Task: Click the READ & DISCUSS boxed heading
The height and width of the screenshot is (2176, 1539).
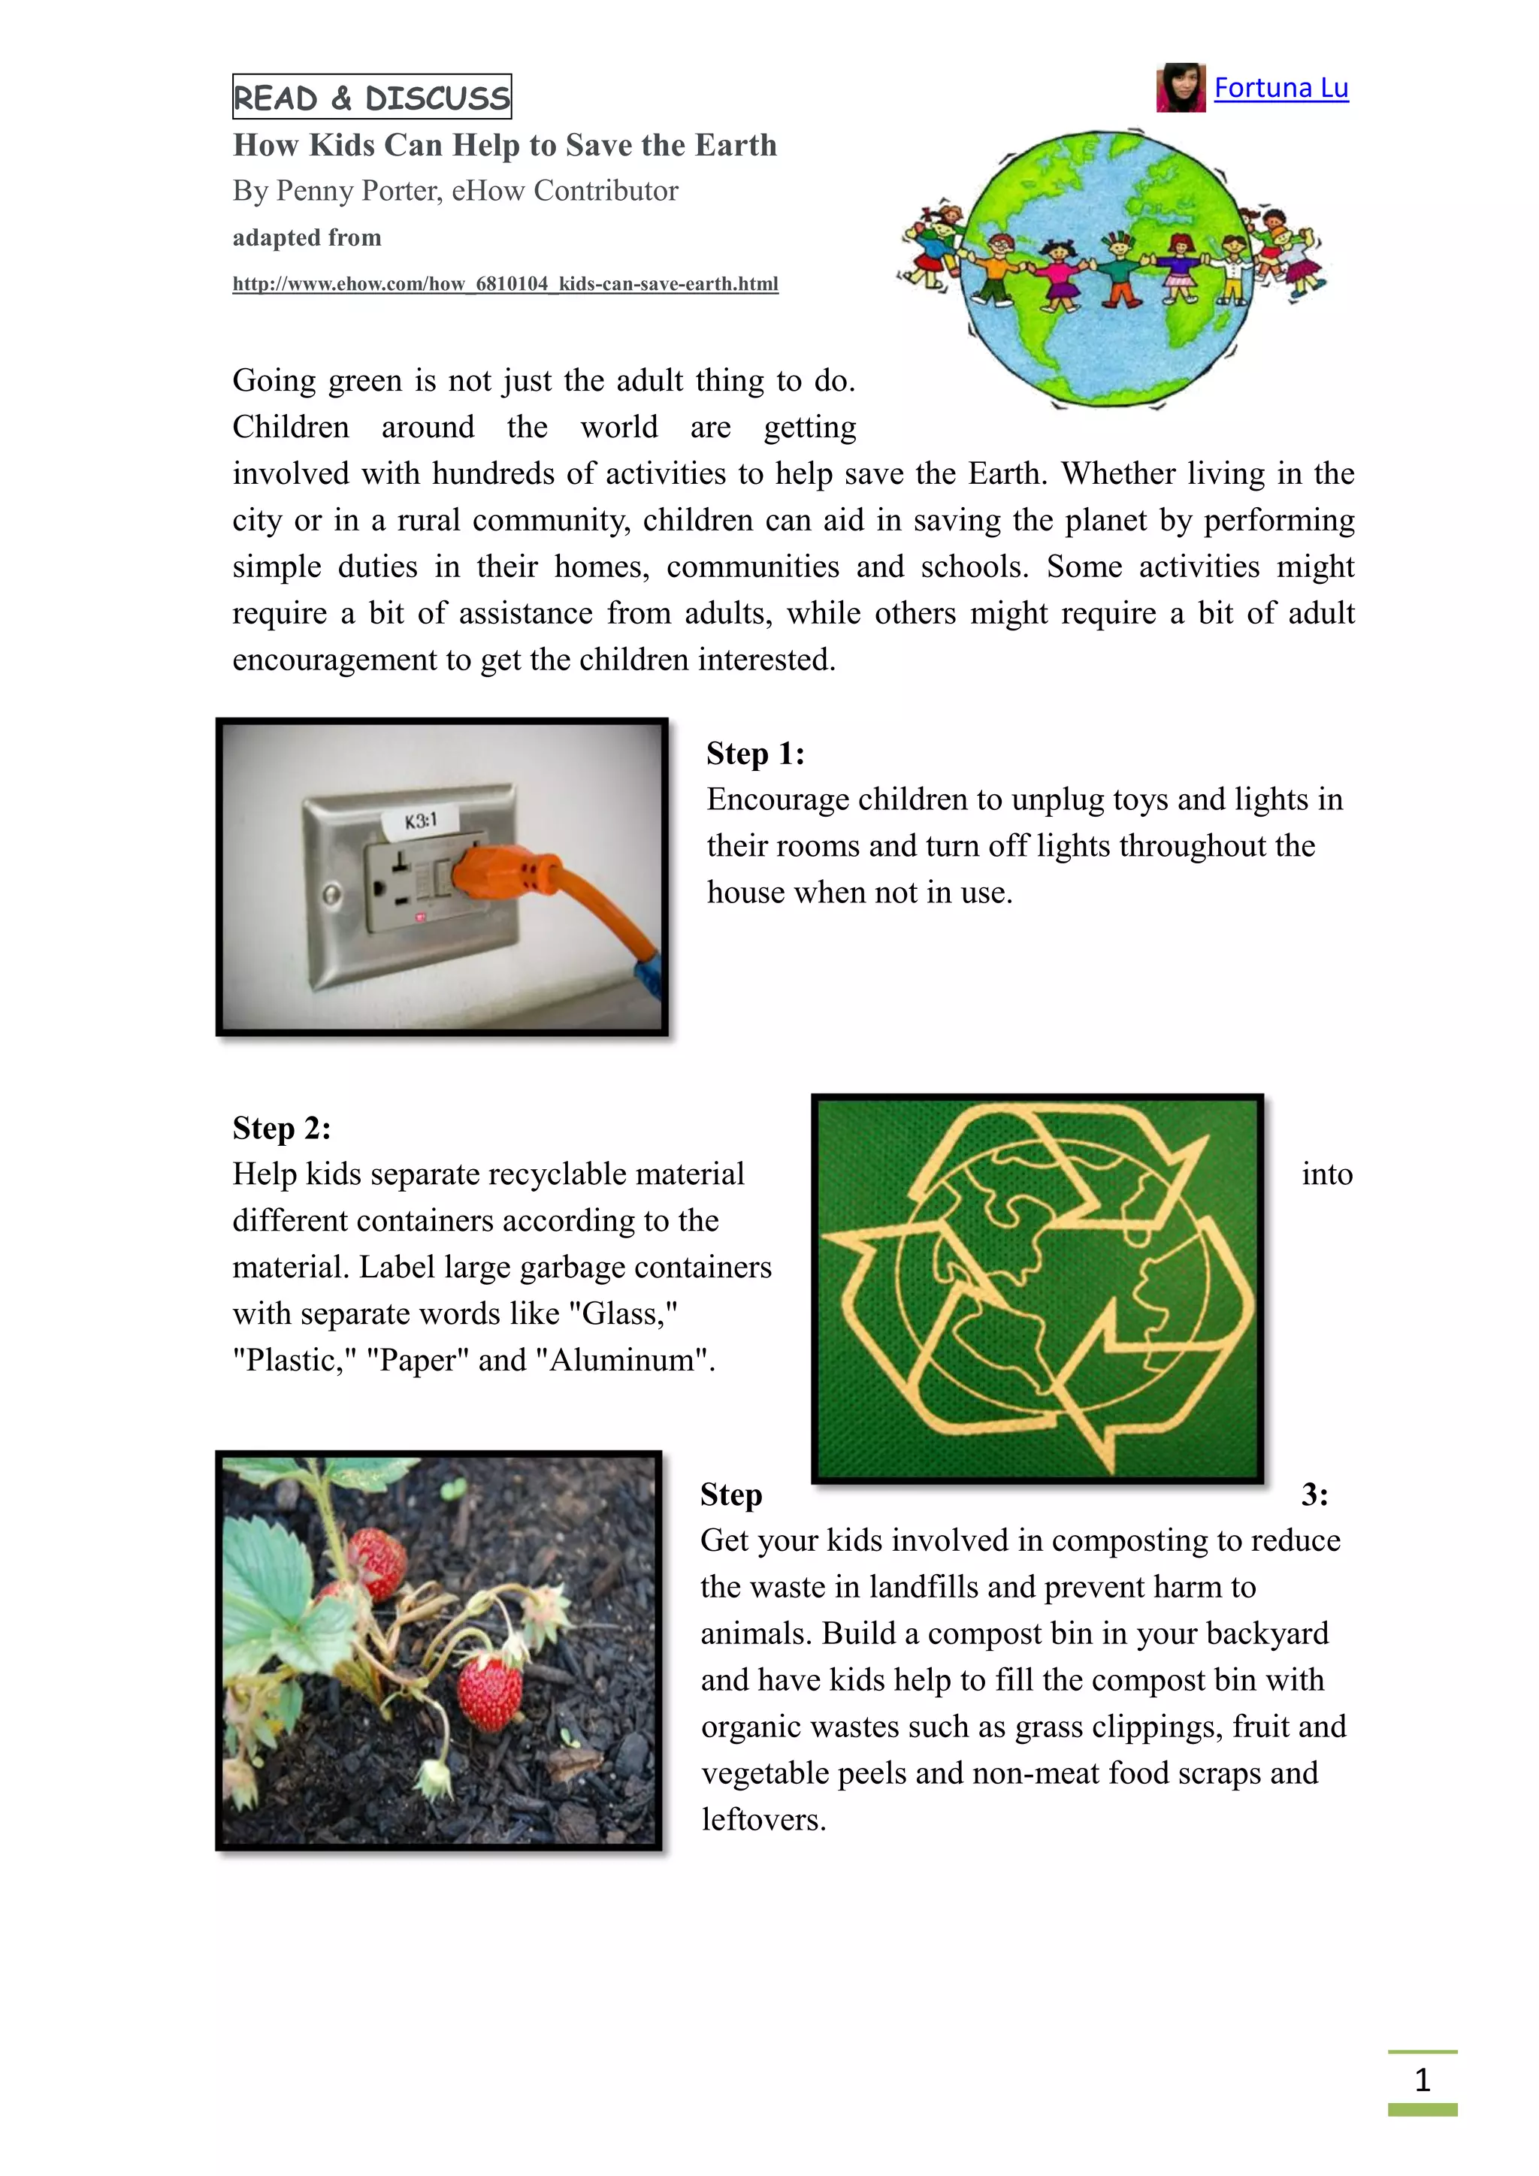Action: tap(371, 97)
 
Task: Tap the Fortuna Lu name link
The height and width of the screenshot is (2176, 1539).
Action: tap(1280, 88)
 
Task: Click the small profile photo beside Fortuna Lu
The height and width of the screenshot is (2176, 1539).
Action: tap(1180, 88)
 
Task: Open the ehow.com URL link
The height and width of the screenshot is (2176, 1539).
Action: tap(505, 283)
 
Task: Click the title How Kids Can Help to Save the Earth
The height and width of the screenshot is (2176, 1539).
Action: tap(504, 145)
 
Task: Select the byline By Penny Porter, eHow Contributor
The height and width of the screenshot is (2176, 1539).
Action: tap(455, 191)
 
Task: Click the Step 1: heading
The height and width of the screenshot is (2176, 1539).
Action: tap(755, 754)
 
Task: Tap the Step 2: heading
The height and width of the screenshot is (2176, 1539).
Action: tap(282, 1128)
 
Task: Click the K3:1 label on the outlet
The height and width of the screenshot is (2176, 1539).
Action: tap(421, 820)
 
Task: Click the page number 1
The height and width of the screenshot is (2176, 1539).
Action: tap(1422, 2079)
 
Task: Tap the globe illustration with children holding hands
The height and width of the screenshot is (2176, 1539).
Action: tap(1108, 268)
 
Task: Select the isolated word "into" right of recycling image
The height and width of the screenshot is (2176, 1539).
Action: tap(1327, 1174)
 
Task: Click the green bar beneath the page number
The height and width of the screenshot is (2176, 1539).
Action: tap(1422, 2110)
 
